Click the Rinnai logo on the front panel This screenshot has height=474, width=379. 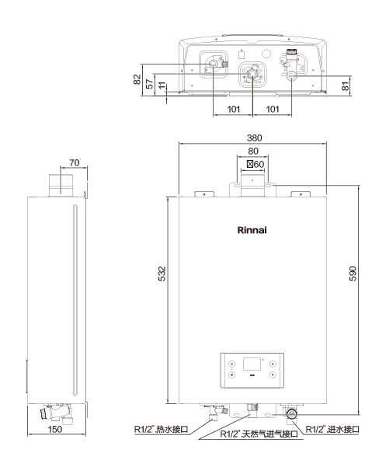point(252,230)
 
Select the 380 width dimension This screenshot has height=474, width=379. point(254,138)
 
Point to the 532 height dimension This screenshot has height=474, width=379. point(162,274)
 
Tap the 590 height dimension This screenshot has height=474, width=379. point(353,274)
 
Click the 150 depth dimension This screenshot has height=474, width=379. point(54,429)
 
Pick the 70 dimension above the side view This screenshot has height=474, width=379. point(74,162)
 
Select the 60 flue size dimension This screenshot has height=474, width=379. point(256,164)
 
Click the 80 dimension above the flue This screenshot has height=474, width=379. point(253,151)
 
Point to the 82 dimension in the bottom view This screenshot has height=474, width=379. point(137,79)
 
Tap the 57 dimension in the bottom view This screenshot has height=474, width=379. point(150,84)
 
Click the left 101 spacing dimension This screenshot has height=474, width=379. point(233,109)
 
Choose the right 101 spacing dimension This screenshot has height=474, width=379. point(273,109)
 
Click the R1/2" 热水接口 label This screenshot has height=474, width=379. point(162,429)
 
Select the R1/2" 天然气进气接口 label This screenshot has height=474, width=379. point(259,434)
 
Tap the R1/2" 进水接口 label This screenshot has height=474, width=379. point(332,429)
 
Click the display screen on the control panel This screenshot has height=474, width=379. point(252,364)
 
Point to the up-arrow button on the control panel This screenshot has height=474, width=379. point(273,364)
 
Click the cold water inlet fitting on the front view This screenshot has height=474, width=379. point(292,413)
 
